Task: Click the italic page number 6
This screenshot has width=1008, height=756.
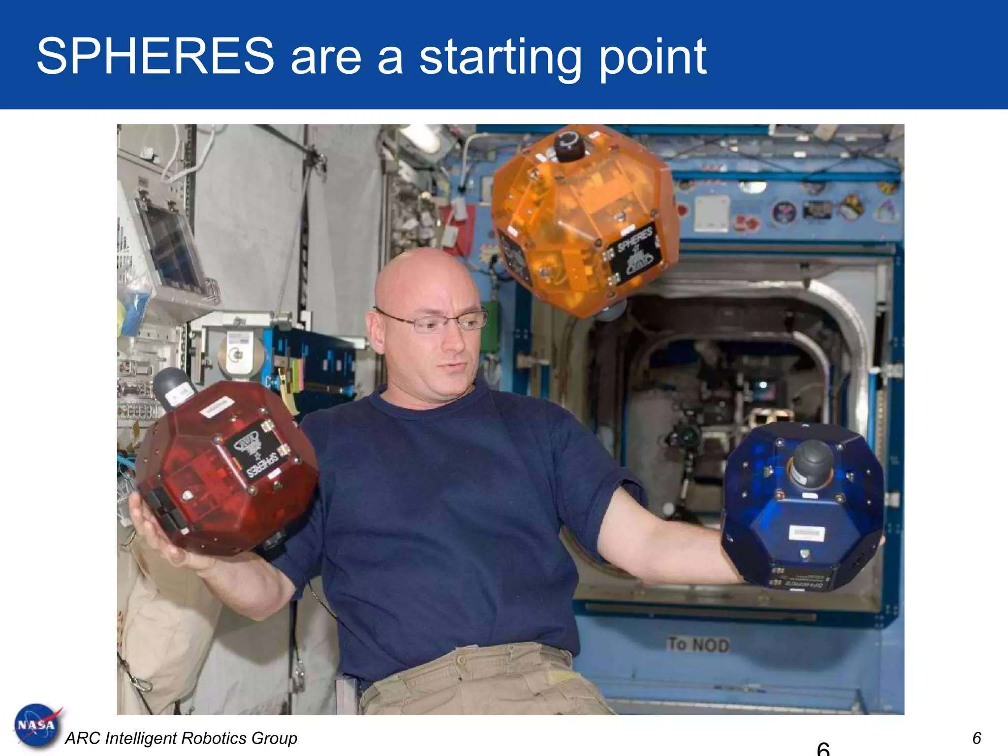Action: pyautogui.click(x=977, y=738)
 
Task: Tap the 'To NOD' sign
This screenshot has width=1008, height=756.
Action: pyautogui.click(x=698, y=644)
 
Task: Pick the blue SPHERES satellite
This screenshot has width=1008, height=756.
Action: pyautogui.click(x=802, y=507)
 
